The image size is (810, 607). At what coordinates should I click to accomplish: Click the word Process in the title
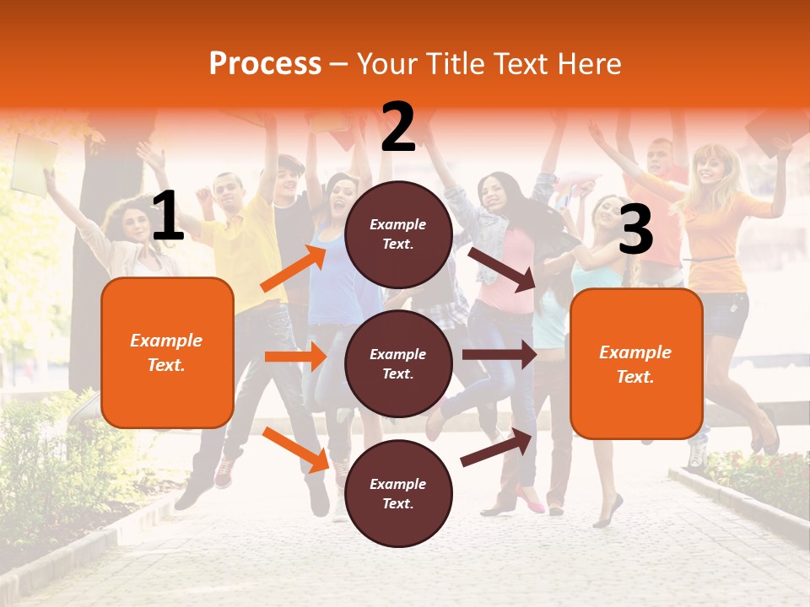click(x=265, y=64)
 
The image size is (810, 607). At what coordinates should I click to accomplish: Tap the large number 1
click(x=168, y=218)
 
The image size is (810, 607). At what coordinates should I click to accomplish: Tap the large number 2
click(x=398, y=127)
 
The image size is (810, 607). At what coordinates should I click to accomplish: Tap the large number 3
click(x=635, y=229)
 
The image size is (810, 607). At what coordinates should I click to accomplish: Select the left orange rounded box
click(x=167, y=352)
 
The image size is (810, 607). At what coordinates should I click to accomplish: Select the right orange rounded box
click(x=636, y=364)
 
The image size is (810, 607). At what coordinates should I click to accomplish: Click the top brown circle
click(x=398, y=234)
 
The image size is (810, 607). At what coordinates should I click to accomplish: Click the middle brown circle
click(x=398, y=363)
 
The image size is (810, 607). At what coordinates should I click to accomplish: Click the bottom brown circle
click(x=398, y=493)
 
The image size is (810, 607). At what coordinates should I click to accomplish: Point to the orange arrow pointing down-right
click(x=295, y=449)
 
